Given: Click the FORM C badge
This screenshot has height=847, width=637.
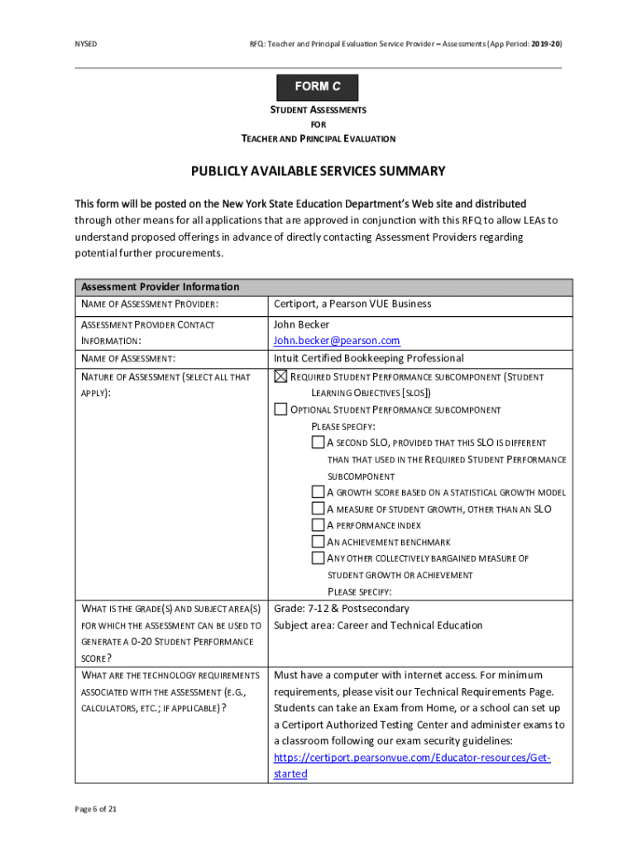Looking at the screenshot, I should click(317, 87).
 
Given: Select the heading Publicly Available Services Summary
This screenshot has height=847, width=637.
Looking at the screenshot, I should click(318, 171).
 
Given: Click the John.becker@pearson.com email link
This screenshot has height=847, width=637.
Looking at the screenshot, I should click(337, 341).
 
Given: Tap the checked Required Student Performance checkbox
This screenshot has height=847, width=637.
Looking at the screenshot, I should click(280, 377).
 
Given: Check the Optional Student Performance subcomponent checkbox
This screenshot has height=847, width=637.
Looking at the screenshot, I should click(280, 409).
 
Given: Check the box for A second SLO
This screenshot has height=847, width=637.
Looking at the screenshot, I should click(318, 443).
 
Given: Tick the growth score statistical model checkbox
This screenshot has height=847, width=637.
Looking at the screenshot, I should click(318, 492).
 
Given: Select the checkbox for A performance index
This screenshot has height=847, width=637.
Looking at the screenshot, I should click(318, 525).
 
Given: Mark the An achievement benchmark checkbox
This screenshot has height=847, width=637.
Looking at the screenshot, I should click(318, 542).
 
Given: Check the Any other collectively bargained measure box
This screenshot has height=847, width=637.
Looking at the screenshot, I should click(318, 558).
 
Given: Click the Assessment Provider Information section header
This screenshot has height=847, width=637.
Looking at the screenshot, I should click(160, 287).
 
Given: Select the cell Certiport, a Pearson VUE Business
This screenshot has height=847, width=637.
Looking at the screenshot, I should click(352, 304).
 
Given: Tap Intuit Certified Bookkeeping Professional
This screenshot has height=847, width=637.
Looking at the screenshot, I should click(369, 358).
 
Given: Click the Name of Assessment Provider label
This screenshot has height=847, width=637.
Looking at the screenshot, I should click(149, 304).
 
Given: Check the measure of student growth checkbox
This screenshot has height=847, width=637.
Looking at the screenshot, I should click(318, 509).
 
